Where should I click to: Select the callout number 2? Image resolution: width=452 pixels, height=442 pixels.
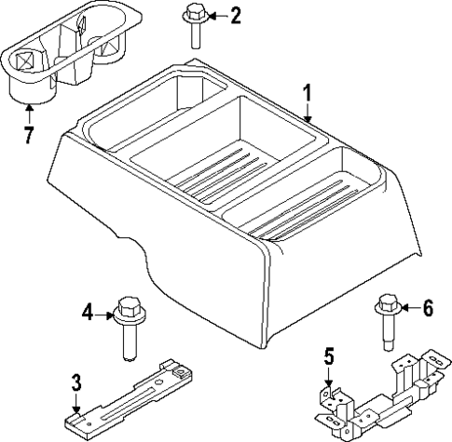pos(235,15)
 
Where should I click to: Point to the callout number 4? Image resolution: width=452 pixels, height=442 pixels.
pos(88,314)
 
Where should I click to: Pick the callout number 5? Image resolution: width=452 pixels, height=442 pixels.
pos(328,355)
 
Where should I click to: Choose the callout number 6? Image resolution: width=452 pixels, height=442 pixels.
pos(428,309)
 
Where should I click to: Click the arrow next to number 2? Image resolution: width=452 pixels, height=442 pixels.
pos(215,15)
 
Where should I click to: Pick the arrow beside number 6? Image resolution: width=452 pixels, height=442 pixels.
pos(408,309)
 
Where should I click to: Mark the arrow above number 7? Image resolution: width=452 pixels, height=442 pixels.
pos(29,114)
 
